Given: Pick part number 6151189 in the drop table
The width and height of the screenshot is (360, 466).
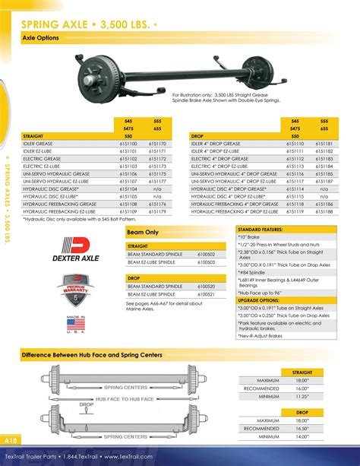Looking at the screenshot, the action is [325, 211].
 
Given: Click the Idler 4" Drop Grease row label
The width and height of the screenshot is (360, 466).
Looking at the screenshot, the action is [216, 143].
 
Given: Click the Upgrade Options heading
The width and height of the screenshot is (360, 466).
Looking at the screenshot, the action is [260, 300].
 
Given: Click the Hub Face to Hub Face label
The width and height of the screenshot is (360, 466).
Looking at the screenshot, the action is [125, 399].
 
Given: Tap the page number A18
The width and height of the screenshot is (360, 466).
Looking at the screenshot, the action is [11, 441].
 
